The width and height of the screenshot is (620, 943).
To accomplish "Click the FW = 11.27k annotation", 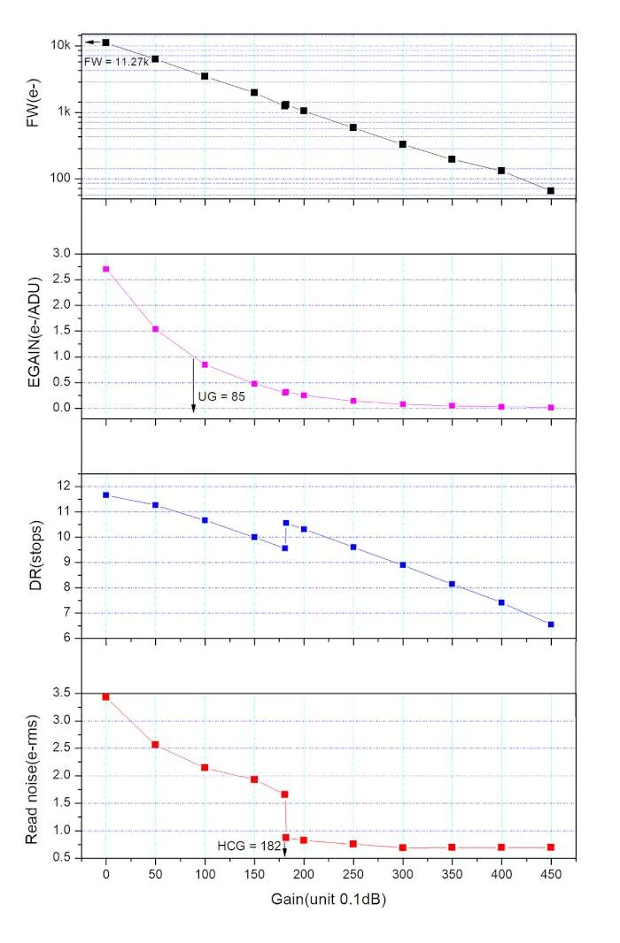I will tap(115, 62).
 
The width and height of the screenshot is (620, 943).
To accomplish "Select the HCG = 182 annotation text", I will tap(250, 847).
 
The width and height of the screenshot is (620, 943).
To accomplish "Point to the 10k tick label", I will tap(66, 45).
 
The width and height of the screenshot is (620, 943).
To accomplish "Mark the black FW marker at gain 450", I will tap(551, 190).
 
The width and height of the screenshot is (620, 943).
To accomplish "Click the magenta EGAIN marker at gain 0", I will tap(106, 269).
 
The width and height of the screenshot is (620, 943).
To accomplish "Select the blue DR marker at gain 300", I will tap(403, 564).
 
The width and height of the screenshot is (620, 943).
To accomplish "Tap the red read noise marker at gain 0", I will tap(106, 697).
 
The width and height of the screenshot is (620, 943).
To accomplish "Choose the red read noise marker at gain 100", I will tap(205, 767).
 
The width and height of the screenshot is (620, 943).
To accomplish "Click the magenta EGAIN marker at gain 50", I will tap(155, 329).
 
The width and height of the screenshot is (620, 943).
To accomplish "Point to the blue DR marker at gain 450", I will tap(551, 625).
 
